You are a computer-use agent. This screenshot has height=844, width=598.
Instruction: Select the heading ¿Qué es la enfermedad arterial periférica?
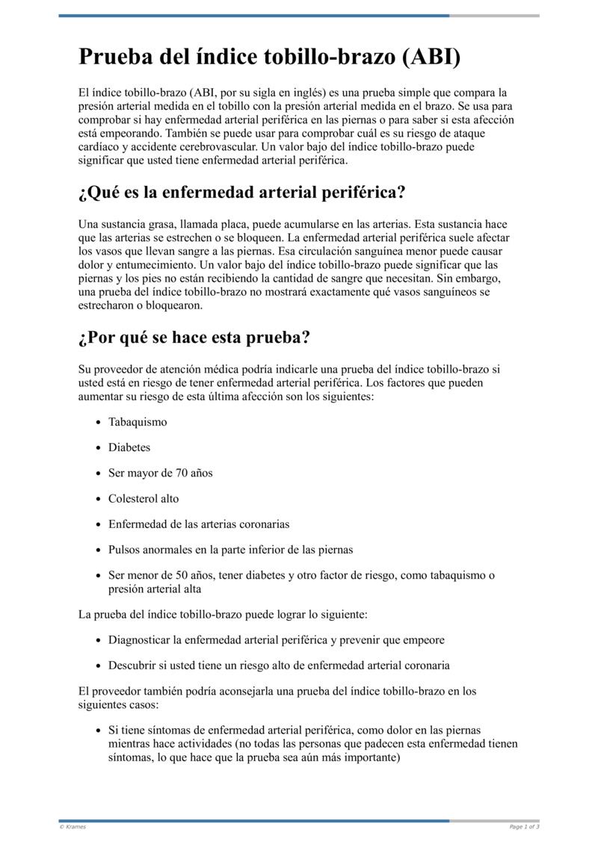coord(241,193)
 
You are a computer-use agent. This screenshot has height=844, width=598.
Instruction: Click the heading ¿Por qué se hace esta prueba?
coord(194,338)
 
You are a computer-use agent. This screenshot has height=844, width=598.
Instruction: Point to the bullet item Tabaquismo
coord(138,422)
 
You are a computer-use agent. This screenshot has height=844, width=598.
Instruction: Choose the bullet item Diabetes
coord(129,447)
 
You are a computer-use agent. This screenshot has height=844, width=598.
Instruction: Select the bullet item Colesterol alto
coord(144,498)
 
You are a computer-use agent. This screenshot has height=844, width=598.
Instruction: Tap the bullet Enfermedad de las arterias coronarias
coord(199,524)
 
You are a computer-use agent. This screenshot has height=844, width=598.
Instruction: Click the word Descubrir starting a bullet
coord(132,665)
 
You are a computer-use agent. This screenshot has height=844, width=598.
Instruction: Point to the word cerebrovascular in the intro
coord(213,147)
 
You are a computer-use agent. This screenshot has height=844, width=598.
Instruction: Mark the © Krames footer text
coord(73,827)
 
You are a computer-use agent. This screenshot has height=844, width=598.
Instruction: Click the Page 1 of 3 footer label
coord(524,827)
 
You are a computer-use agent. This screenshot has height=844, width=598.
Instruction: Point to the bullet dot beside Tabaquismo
coord(99,423)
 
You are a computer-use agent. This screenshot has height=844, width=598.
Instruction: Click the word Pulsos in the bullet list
coord(126,550)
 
